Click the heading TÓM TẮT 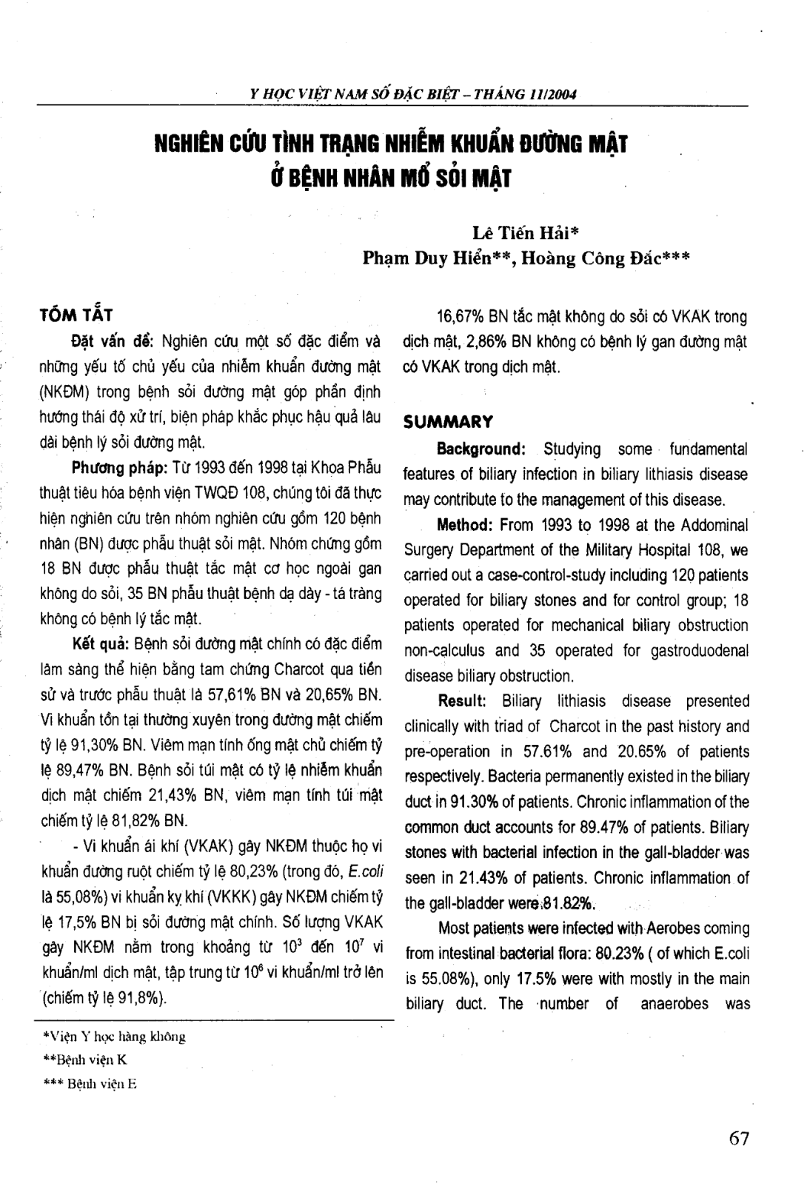click(x=76, y=315)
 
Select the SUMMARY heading click(x=447, y=423)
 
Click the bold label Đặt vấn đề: click(x=110, y=341)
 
